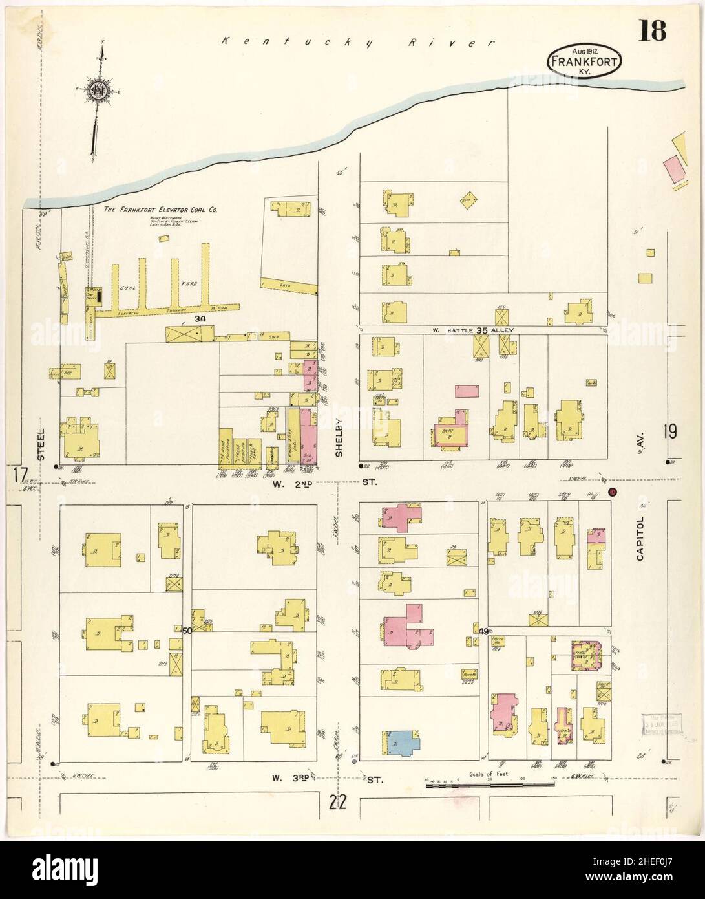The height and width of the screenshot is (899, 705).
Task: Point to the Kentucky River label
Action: coord(357,43)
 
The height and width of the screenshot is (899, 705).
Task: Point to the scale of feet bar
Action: coord(489,785)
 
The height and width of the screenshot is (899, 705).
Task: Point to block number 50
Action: coord(187,630)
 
